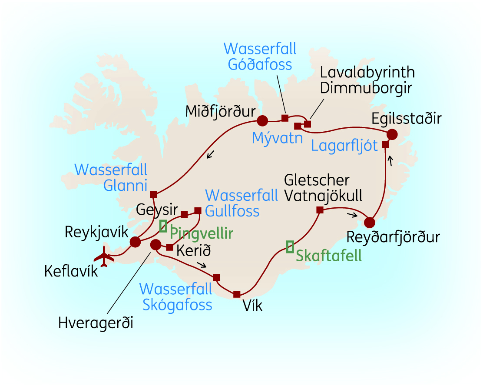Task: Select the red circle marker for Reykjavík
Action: [135, 242]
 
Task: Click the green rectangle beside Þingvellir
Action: [163, 226]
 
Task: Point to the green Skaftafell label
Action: [328, 256]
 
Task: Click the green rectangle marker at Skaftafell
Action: [290, 246]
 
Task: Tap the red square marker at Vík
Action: [237, 294]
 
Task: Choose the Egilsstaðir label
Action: [406, 118]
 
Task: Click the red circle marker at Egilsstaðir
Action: [392, 134]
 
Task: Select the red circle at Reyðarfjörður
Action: [369, 223]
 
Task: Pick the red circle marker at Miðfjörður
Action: [262, 120]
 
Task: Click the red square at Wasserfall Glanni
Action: [153, 194]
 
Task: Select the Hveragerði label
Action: [96, 323]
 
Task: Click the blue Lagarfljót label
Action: [344, 146]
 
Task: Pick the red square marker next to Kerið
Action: [169, 247]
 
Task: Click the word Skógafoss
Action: [177, 304]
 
